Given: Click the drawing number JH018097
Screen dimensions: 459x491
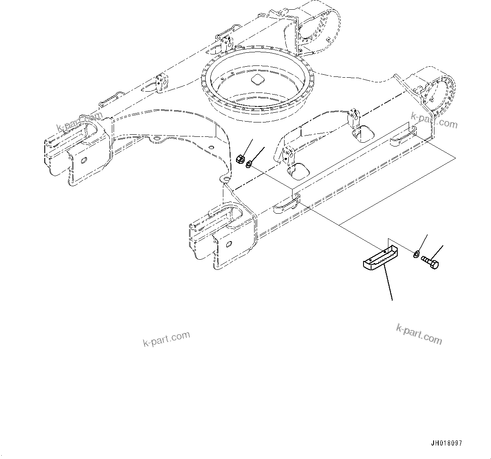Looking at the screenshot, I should click(446, 443).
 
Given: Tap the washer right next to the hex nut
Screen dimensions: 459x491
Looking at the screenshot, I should click(249, 163).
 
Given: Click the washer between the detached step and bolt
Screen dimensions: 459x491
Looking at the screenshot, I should click(416, 254).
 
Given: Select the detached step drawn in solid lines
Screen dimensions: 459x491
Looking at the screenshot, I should click(379, 258).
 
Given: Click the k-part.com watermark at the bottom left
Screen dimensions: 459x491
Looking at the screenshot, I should click(166, 339).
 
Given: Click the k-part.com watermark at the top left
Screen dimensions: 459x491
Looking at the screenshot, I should click(79, 122).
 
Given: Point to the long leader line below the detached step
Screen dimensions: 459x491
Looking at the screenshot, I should click(388, 285).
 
